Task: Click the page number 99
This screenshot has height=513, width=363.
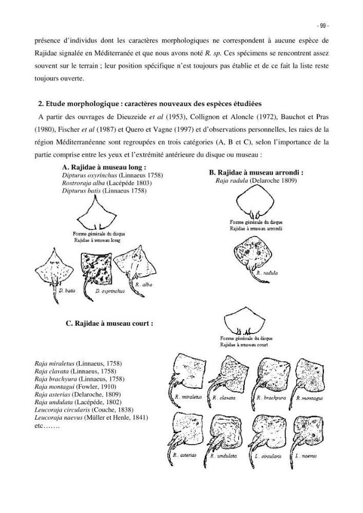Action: point(322,26)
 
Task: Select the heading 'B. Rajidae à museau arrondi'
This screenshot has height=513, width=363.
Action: point(256,172)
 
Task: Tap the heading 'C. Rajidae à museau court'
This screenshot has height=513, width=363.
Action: point(110,324)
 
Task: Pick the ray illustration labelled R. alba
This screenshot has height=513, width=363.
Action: point(134,266)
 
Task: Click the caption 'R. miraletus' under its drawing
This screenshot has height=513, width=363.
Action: point(188,397)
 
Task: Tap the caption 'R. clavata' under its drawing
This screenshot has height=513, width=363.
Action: point(224,398)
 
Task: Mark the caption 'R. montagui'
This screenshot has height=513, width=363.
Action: point(310,398)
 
